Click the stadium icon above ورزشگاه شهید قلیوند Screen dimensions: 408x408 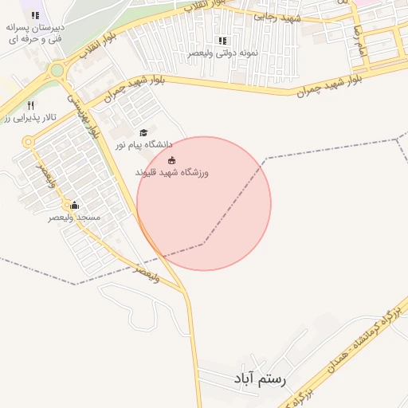tap(171, 161)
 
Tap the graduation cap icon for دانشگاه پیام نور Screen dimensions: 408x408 tap(143, 133)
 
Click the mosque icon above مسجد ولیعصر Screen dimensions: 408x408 tap(75, 205)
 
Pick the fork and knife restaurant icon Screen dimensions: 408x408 tap(30, 104)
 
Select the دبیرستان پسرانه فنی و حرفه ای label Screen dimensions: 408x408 tap(37, 33)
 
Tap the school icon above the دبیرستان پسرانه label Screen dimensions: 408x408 tap(35, 15)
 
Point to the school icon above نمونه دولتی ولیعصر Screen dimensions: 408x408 tap(222, 41)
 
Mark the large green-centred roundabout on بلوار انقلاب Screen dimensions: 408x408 tap(57, 70)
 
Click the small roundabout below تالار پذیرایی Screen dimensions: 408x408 tap(29, 141)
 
